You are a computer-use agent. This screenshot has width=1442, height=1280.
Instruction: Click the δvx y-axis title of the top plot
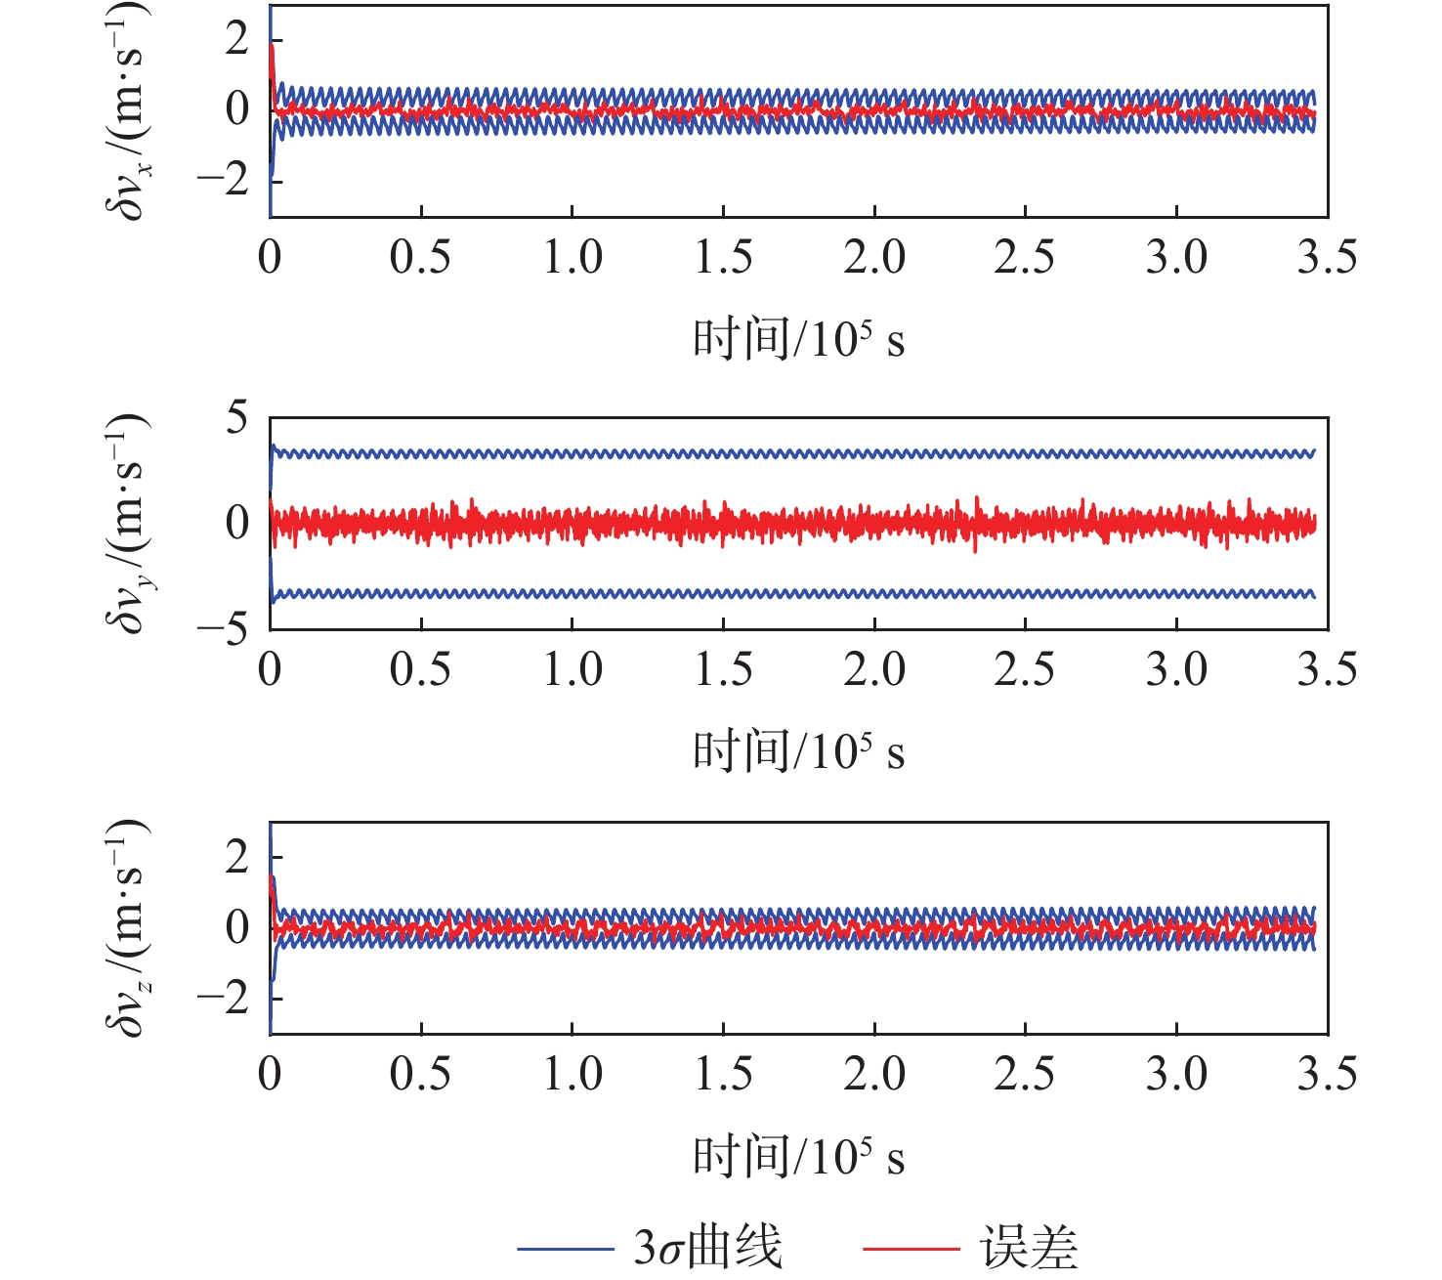point(127,109)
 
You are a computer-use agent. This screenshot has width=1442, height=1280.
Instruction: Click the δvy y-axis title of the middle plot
point(127,522)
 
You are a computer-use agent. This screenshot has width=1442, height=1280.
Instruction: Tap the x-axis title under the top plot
point(798,339)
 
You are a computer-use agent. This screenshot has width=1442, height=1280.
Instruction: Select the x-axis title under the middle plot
point(798,751)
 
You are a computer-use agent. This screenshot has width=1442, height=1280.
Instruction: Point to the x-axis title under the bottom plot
point(798,1157)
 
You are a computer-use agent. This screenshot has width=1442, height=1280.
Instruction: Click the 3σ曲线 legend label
point(708,1248)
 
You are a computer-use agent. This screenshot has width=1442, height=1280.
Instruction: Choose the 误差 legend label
point(1029,1248)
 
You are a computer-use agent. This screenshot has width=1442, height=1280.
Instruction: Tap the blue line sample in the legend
point(565,1249)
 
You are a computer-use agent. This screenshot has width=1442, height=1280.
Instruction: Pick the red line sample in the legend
point(911,1249)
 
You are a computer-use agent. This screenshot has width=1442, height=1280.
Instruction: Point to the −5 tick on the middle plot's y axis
point(223,627)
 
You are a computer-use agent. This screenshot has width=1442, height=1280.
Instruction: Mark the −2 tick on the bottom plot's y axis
point(223,998)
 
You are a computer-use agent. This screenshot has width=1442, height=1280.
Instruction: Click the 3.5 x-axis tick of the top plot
point(1327,257)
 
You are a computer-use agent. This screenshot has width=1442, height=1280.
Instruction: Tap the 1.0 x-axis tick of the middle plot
point(573,669)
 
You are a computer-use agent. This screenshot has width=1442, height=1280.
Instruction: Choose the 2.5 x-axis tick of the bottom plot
point(1025,1074)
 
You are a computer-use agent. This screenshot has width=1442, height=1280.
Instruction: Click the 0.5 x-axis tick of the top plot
point(421,257)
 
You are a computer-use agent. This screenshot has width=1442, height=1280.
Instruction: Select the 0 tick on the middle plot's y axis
point(236,523)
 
